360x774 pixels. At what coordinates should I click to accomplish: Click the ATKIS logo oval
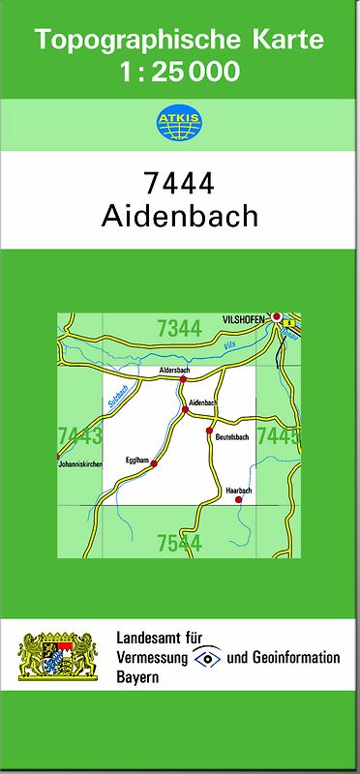[x=179, y=122]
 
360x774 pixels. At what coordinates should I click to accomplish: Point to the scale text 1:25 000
[x=179, y=73]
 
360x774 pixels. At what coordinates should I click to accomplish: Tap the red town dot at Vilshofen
[x=277, y=316]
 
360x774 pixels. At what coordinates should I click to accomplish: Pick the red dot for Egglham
[x=153, y=465]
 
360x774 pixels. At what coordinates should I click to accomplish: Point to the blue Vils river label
[x=229, y=344]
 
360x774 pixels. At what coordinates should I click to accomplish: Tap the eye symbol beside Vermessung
[x=207, y=658]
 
